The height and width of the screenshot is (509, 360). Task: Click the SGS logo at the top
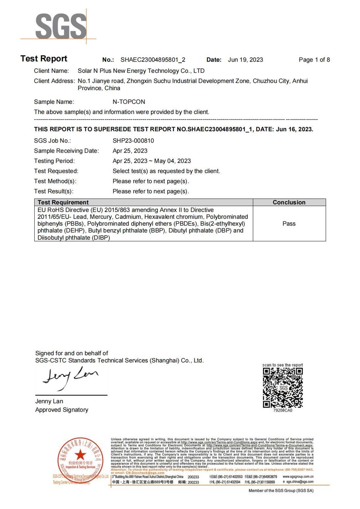tap(61, 26)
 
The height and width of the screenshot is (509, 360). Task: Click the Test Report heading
tap(44, 59)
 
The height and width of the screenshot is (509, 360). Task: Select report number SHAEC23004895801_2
tap(153, 60)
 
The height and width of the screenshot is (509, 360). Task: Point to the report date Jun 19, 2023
tap(245, 60)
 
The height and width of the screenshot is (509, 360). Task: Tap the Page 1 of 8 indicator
tap(314, 60)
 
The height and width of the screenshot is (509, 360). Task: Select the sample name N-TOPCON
tap(129, 102)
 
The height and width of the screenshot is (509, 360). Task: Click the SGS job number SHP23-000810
tap(133, 141)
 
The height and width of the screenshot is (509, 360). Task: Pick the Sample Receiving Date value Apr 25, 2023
tap(130, 151)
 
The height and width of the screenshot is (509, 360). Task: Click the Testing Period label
tap(54, 161)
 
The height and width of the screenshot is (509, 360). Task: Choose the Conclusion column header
tap(289, 202)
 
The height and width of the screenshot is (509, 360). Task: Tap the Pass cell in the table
tap(289, 224)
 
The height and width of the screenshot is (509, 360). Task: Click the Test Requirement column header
tap(63, 202)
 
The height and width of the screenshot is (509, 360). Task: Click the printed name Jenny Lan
tap(49, 401)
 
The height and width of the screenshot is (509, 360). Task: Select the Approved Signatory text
tap(62, 410)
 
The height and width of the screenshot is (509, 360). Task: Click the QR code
tap(283, 388)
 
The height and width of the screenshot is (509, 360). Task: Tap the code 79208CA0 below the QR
tap(283, 411)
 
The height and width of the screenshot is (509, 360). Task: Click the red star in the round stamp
tap(80, 454)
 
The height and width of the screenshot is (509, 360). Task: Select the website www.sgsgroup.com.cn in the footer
tap(298, 477)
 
